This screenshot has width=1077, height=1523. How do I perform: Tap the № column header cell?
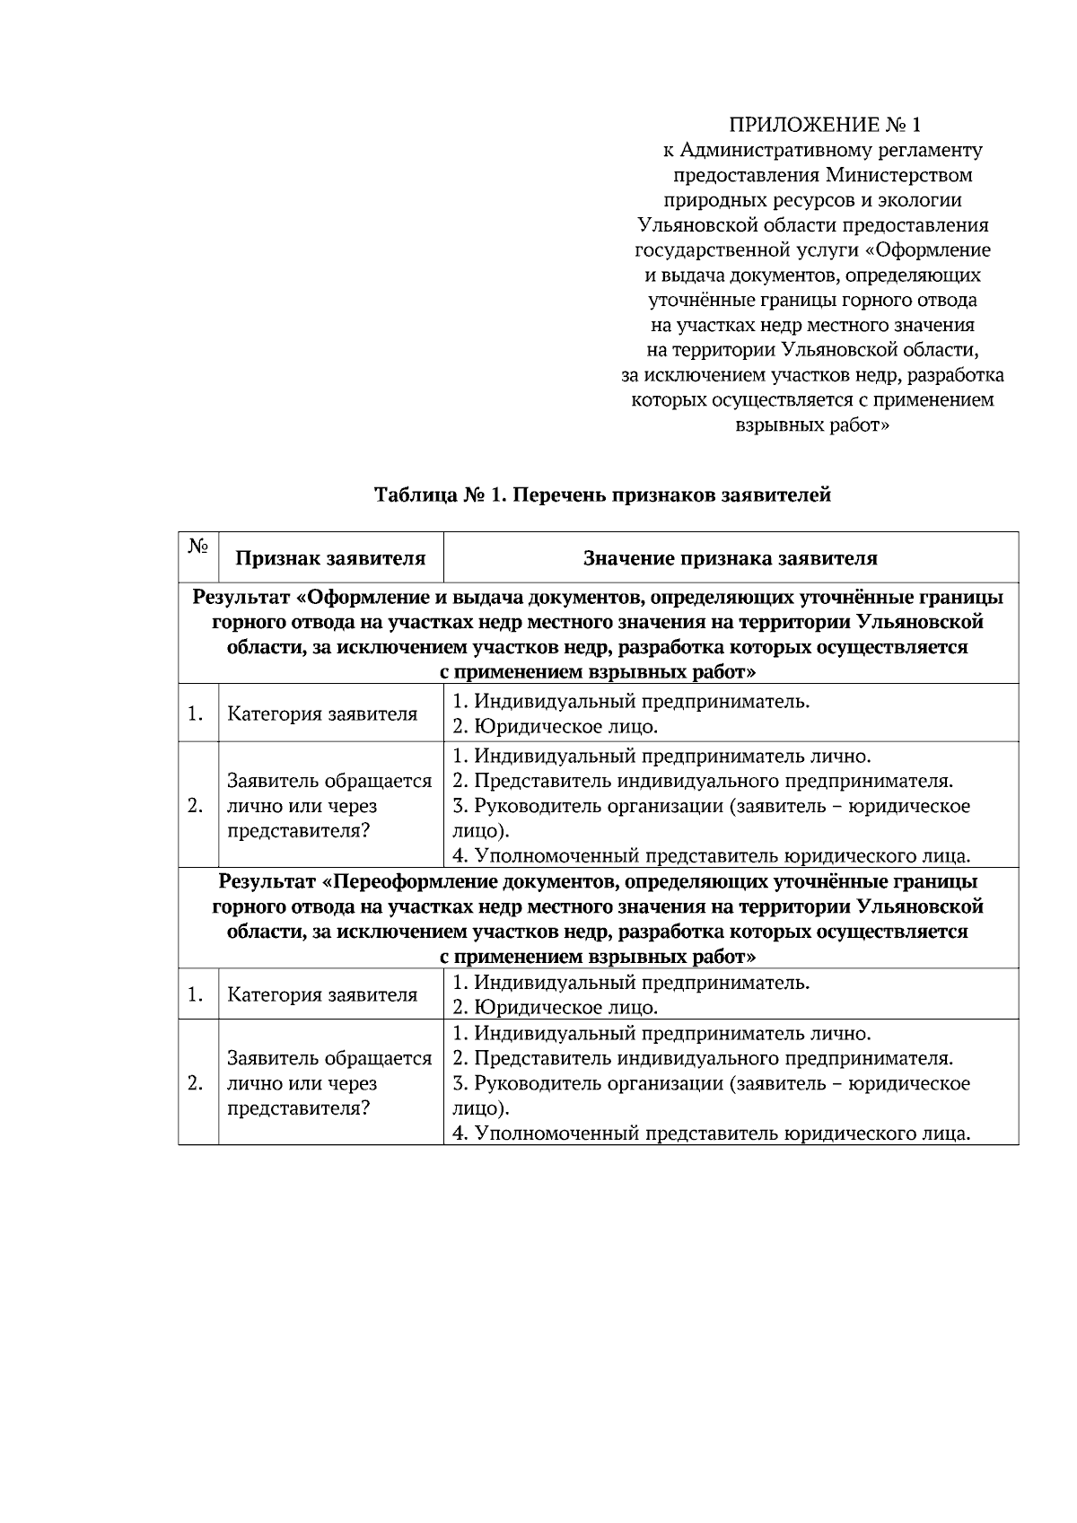pos(198,547)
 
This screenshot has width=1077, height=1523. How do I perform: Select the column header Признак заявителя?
pos(330,558)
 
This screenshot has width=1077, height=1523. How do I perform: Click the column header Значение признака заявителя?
pos(731,558)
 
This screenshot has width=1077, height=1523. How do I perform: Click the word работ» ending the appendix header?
pos(861,425)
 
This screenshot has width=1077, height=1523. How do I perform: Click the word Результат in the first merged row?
pos(241,598)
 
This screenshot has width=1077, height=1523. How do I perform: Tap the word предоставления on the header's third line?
pos(746,174)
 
